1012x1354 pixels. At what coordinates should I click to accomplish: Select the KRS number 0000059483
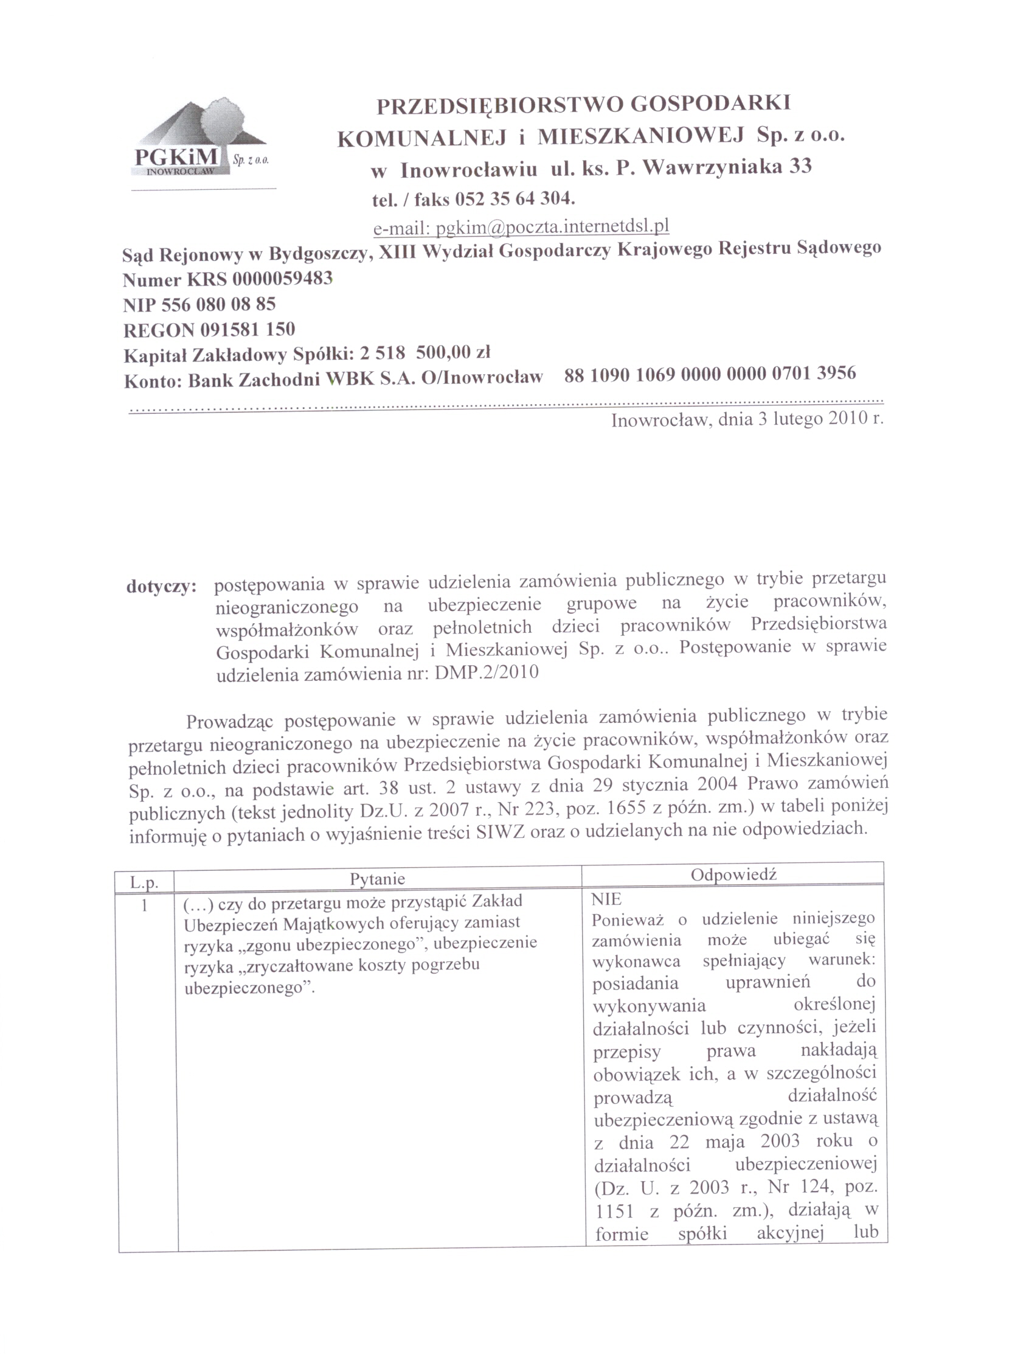pyautogui.click(x=282, y=279)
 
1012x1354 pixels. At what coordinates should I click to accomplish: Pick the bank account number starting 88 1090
pyautogui.click(x=710, y=373)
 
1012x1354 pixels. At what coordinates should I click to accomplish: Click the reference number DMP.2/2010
pyautogui.click(x=487, y=672)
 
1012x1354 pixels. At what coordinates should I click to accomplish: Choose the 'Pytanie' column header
pyautogui.click(x=378, y=879)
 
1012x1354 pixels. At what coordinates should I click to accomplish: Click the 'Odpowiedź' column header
pyautogui.click(x=733, y=874)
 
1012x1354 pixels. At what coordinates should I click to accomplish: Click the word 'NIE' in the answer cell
pyautogui.click(x=606, y=899)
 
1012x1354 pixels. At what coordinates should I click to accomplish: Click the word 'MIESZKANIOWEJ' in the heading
pyautogui.click(x=640, y=135)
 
